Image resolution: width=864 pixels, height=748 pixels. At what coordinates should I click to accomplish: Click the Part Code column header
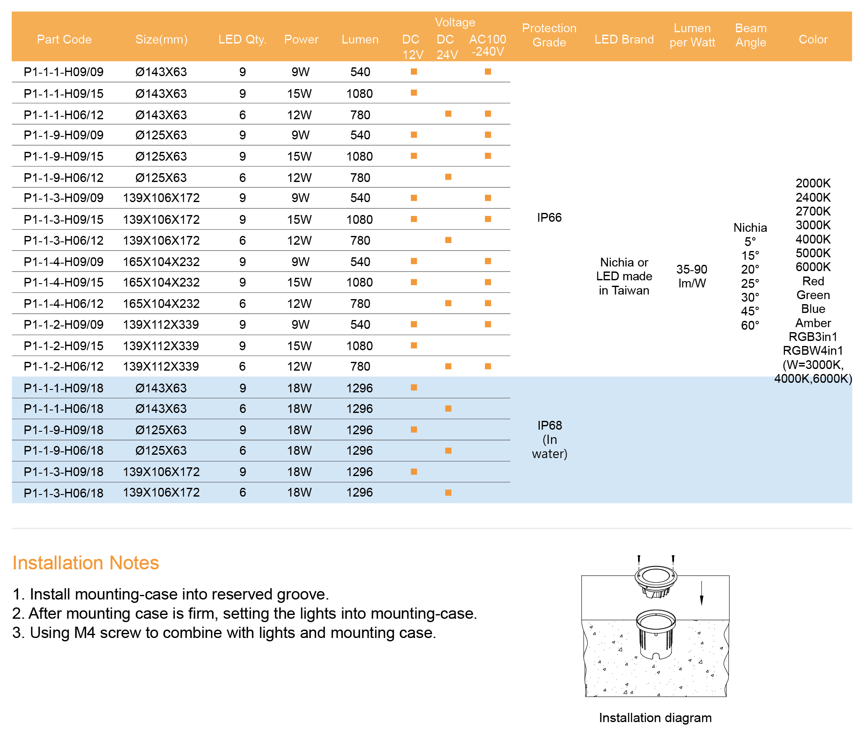click(x=64, y=39)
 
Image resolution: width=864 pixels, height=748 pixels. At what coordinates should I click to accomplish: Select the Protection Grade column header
click(x=549, y=35)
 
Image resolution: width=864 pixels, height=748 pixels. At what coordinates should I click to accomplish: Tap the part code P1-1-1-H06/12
click(x=64, y=115)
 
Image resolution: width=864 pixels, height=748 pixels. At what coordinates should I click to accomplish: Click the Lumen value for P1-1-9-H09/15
click(x=359, y=156)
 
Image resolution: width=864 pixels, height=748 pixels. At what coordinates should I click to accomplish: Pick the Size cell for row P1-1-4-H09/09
click(x=161, y=262)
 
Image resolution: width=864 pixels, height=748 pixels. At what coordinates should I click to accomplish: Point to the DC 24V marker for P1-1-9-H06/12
click(x=448, y=177)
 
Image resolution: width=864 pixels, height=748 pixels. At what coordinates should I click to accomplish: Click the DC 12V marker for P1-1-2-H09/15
click(x=414, y=346)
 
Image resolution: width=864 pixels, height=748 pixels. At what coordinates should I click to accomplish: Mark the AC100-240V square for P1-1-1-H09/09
click(x=488, y=72)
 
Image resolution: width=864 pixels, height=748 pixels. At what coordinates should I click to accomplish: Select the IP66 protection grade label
click(x=549, y=218)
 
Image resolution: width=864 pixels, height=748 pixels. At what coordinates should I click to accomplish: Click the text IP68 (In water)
click(x=549, y=439)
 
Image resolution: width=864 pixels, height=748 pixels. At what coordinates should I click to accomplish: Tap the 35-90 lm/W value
click(x=692, y=276)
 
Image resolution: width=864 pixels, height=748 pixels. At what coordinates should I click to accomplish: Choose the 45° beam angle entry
click(x=750, y=311)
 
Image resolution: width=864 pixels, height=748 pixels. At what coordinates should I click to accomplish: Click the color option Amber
click(x=813, y=323)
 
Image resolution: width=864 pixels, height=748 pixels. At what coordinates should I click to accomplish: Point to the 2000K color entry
click(x=813, y=183)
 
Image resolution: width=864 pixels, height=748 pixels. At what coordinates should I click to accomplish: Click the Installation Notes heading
click(x=86, y=563)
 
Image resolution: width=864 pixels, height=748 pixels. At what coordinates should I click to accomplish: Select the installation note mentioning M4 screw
click(x=224, y=633)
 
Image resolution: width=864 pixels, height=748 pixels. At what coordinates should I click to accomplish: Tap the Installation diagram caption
click(x=655, y=717)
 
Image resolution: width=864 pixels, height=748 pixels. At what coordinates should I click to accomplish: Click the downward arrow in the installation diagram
click(x=701, y=594)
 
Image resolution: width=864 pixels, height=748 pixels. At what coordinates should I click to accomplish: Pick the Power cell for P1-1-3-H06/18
click(x=299, y=492)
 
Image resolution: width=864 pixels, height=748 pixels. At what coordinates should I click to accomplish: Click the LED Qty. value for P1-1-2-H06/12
click(x=242, y=366)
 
